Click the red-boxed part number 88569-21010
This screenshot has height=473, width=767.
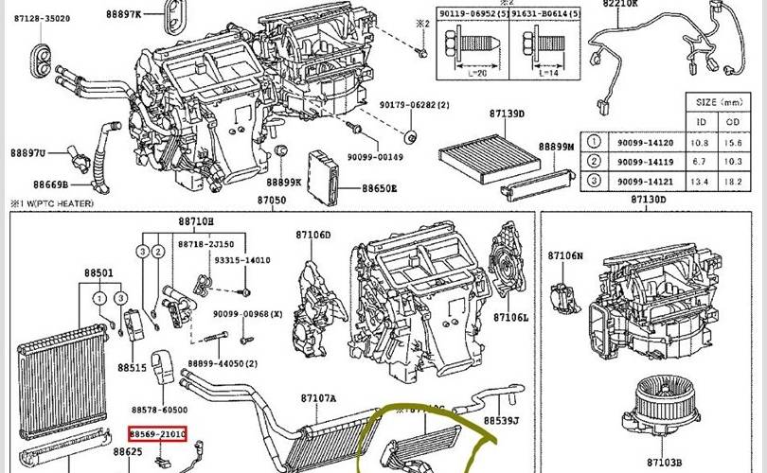158,433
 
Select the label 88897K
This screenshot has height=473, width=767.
122,15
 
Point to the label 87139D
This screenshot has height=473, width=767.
508,114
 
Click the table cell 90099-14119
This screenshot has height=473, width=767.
648,161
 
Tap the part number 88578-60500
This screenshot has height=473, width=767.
159,410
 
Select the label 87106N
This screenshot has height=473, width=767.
566,255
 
